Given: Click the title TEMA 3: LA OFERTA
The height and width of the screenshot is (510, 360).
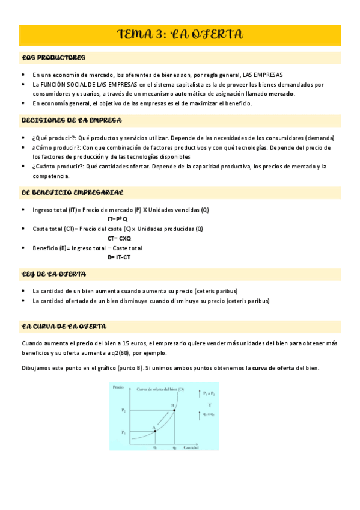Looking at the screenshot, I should [180, 35].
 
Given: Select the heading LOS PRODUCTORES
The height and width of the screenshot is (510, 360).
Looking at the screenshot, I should [53, 58].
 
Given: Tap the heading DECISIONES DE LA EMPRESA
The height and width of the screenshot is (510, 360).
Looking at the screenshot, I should [72, 120].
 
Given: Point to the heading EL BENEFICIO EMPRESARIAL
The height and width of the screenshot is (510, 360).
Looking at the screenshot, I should [72, 192].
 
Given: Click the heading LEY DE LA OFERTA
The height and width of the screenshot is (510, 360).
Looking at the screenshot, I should [53, 274].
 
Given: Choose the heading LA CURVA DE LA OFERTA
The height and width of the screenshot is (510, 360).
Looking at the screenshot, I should [64, 327].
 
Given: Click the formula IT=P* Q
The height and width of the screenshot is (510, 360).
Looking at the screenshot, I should [118, 219].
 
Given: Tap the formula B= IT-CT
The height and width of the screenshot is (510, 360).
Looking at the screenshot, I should [119, 257].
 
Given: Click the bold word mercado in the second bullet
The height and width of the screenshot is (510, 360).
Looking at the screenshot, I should [281, 94].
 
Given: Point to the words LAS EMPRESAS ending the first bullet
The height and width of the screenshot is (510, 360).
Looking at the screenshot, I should [262, 75].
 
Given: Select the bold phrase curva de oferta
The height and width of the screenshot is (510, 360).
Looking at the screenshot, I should [273, 368].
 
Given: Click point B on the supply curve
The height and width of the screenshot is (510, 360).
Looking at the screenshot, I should [174, 410].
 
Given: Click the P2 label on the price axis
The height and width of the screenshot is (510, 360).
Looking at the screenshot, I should [123, 410].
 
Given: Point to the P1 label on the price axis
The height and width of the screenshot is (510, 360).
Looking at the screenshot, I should [123, 432].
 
